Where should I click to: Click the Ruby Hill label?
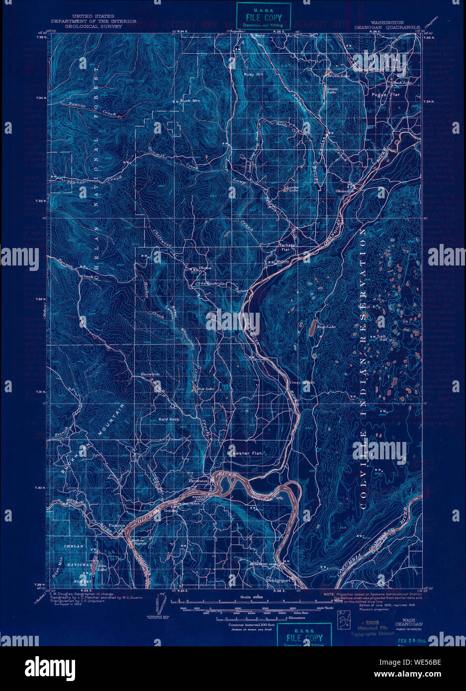point(254,74)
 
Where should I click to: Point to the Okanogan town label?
point(346,191)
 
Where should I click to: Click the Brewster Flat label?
point(244,453)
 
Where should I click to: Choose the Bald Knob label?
point(169,419)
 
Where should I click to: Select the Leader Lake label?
point(290,189)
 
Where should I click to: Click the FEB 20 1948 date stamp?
point(412,641)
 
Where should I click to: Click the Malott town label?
point(282,260)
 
